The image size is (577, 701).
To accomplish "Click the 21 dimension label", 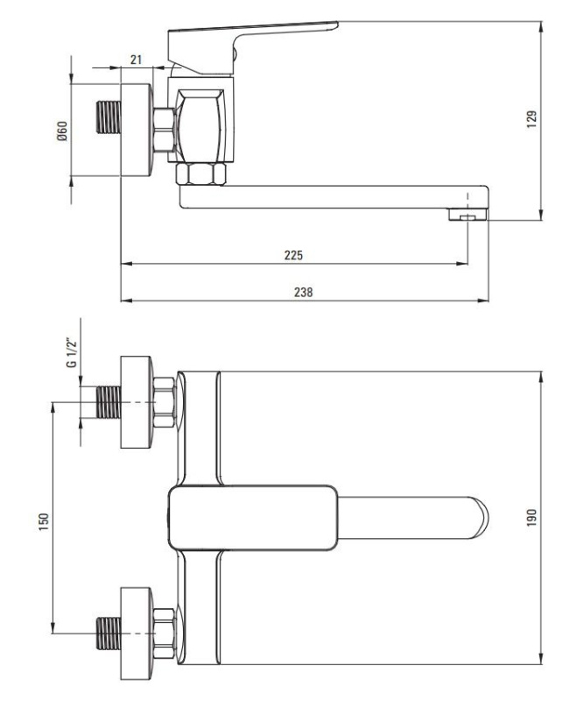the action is (x=136, y=60).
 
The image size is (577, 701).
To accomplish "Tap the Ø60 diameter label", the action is (x=62, y=131).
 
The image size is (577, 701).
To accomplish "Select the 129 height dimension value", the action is (x=531, y=119).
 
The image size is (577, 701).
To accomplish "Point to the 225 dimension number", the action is (x=293, y=255).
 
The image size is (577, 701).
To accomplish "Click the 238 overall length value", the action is (x=303, y=292).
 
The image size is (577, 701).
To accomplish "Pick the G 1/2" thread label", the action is (x=71, y=353).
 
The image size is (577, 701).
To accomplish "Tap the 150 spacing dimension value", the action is (x=44, y=521).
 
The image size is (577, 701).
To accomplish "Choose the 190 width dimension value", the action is (x=531, y=517).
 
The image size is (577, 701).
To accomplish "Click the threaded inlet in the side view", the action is (x=109, y=117).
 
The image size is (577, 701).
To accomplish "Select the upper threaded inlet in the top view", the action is (x=109, y=402).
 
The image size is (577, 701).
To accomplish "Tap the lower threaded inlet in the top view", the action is (x=109, y=634).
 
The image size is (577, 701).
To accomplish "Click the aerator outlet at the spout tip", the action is (x=468, y=215).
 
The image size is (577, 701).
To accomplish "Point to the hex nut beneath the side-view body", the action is (x=201, y=174).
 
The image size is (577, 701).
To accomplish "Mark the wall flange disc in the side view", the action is (x=137, y=130).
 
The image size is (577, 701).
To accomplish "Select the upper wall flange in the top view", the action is (x=137, y=402).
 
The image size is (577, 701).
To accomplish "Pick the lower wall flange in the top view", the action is (x=137, y=634).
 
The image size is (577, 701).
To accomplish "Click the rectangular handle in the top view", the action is (x=253, y=518).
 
